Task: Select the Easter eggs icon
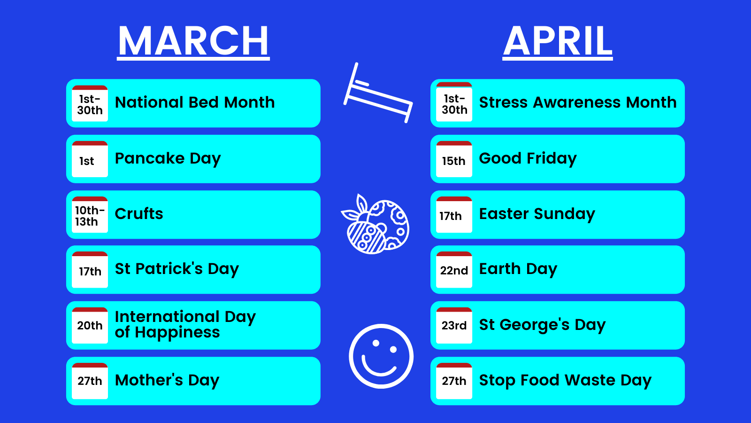(x=375, y=224)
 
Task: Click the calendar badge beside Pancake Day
(x=90, y=159)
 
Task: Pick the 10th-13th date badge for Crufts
(x=90, y=214)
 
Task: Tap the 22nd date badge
(x=454, y=270)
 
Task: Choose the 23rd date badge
(x=454, y=325)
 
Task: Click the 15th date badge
(x=454, y=159)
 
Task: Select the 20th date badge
(x=90, y=325)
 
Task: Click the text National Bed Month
(x=195, y=102)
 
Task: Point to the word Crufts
(x=139, y=213)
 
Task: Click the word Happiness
(x=177, y=333)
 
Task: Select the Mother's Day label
(x=167, y=380)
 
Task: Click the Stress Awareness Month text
(x=578, y=102)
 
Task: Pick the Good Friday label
(x=528, y=158)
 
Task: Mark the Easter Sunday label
(x=537, y=214)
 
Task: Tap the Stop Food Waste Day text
(x=565, y=381)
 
